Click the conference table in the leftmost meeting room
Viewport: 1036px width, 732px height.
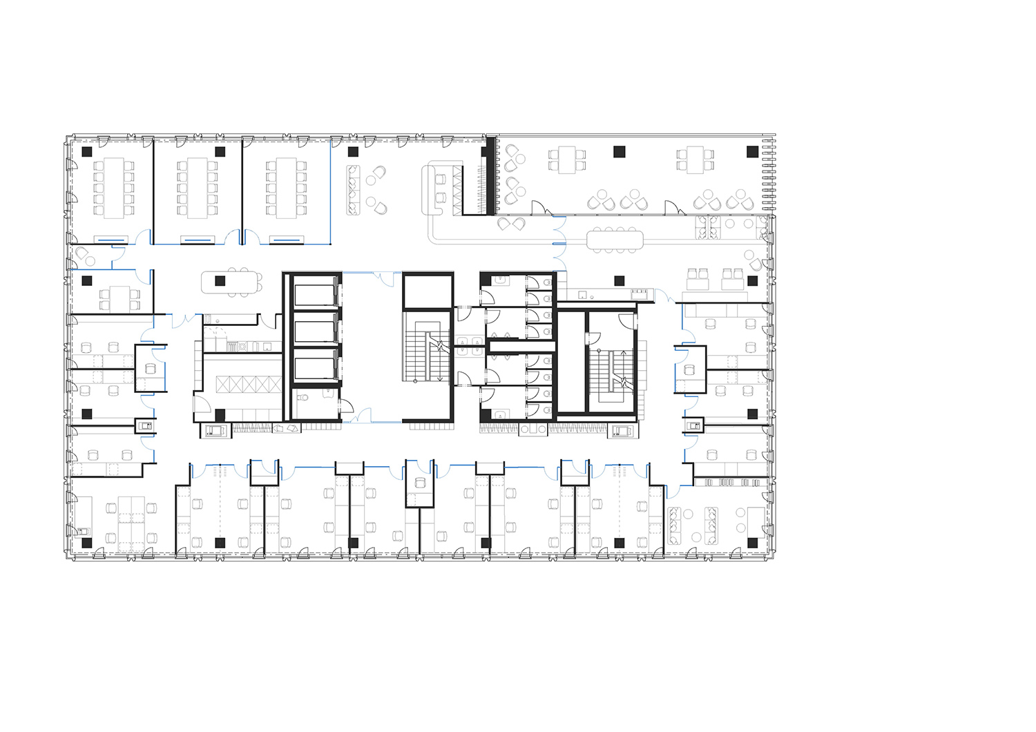tap(113, 188)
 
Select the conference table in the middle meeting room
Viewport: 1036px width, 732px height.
tap(197, 188)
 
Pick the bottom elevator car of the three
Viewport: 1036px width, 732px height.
tap(314, 365)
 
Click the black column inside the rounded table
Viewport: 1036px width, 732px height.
tap(220, 280)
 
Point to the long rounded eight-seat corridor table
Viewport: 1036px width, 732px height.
tap(615, 239)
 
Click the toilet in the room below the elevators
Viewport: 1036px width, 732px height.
tap(303, 398)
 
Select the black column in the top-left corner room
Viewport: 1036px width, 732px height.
tap(87, 151)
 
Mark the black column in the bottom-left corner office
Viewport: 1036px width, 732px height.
tap(87, 543)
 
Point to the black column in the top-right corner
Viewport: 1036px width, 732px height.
tap(752, 151)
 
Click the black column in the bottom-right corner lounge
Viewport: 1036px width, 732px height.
tap(752, 543)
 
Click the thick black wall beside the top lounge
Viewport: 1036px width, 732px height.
tap(492, 175)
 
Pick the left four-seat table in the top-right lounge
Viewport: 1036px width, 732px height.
tap(567, 160)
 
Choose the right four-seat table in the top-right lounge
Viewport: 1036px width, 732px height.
tap(691, 160)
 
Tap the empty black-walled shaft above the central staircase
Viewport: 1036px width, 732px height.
tap(428, 291)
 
